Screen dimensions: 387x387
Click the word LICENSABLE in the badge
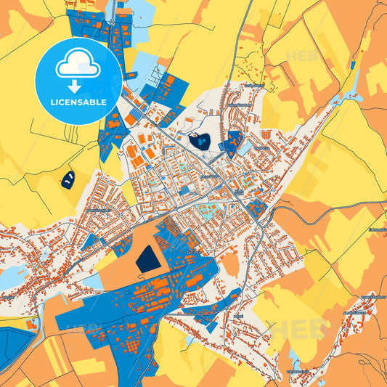click(78, 102)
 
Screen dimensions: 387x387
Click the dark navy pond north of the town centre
click(198, 142)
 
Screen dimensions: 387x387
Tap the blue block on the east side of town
click(255, 209)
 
